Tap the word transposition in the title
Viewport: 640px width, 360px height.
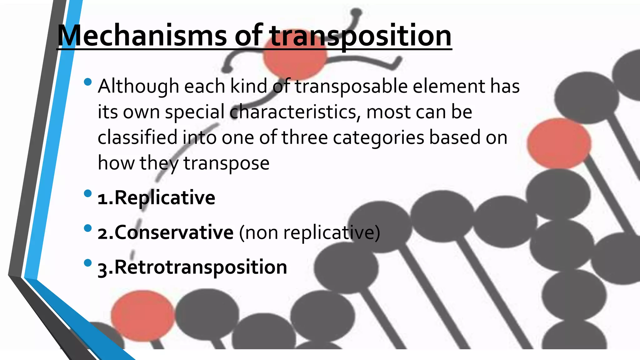361,36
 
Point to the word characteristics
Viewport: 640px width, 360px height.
295,112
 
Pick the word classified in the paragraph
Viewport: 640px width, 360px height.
137,137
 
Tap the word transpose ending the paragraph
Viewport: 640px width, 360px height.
226,163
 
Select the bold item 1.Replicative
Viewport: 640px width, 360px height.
156,198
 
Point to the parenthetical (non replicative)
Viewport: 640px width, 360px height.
309,232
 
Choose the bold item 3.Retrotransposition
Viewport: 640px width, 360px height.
192,267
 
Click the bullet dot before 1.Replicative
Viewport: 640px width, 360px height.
88,193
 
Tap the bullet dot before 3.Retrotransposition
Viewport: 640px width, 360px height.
88,263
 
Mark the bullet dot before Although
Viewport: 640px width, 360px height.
88,82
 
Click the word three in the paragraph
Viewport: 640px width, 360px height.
304,137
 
